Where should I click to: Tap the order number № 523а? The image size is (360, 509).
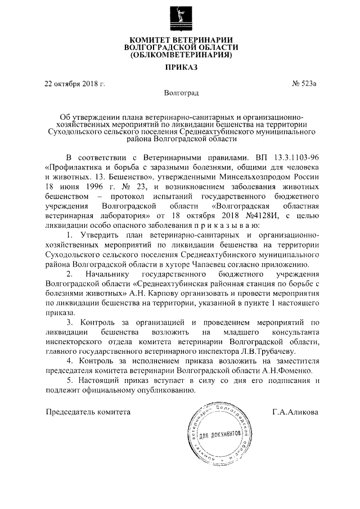(x=304, y=84)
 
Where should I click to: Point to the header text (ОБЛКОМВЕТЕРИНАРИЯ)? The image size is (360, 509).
(x=180, y=56)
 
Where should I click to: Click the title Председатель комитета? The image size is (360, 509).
(x=88, y=411)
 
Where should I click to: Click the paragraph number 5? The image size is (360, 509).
(x=69, y=380)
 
